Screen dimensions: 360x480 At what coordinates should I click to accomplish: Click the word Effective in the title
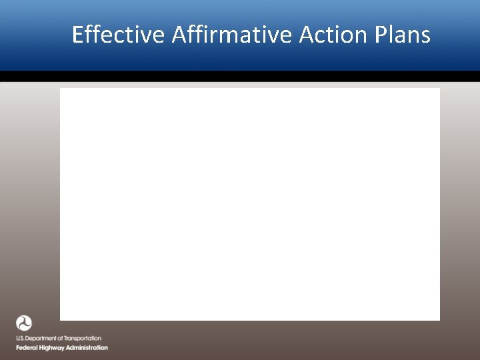coord(118,35)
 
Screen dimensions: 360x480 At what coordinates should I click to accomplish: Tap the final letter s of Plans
coord(426,35)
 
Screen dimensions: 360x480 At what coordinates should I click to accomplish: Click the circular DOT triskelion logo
coord(24,324)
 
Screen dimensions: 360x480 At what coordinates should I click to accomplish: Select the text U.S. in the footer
coord(21,339)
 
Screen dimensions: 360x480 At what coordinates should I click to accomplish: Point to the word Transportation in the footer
coord(82,339)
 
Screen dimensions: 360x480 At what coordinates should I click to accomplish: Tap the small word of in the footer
coord(60,339)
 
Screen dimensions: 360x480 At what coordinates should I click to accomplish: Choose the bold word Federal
coord(27,348)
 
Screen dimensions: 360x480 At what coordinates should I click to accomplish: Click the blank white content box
coord(250,204)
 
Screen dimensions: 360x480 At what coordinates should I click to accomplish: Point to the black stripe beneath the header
coord(240,77)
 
